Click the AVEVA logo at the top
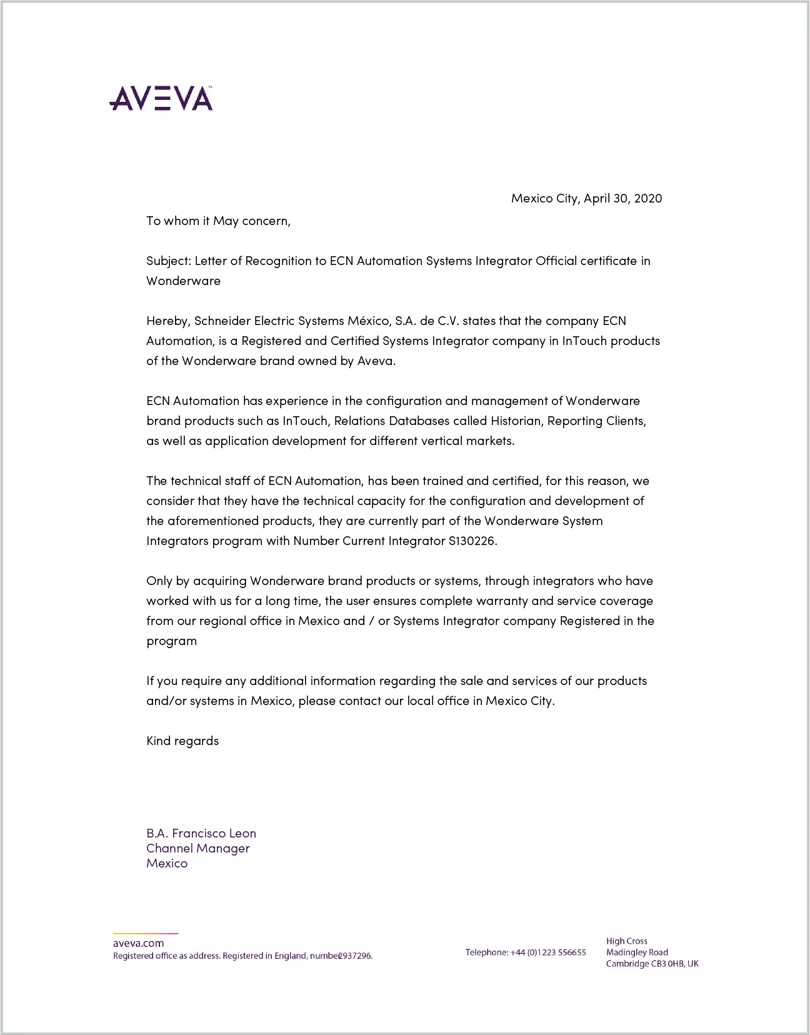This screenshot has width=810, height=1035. tap(161, 98)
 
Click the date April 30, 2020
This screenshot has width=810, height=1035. tap(622, 198)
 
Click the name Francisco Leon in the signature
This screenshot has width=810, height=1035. tap(214, 833)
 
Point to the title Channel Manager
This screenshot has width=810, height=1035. tap(197, 848)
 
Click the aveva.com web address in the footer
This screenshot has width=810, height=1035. tap(138, 943)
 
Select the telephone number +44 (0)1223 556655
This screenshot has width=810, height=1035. tap(548, 952)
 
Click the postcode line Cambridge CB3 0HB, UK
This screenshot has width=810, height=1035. tap(652, 964)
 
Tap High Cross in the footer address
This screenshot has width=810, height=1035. tap(626, 941)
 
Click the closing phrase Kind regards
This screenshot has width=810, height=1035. tap(182, 741)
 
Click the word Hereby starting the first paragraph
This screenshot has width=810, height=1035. tap(167, 321)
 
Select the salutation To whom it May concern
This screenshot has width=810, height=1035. tap(218, 221)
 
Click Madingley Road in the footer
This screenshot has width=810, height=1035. tap(637, 952)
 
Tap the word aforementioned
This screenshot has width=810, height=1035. tap(212, 521)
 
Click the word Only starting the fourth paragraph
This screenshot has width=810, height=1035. tap(159, 581)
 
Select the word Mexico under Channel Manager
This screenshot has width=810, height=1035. tap(167, 863)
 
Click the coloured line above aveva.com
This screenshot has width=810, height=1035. tap(146, 934)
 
